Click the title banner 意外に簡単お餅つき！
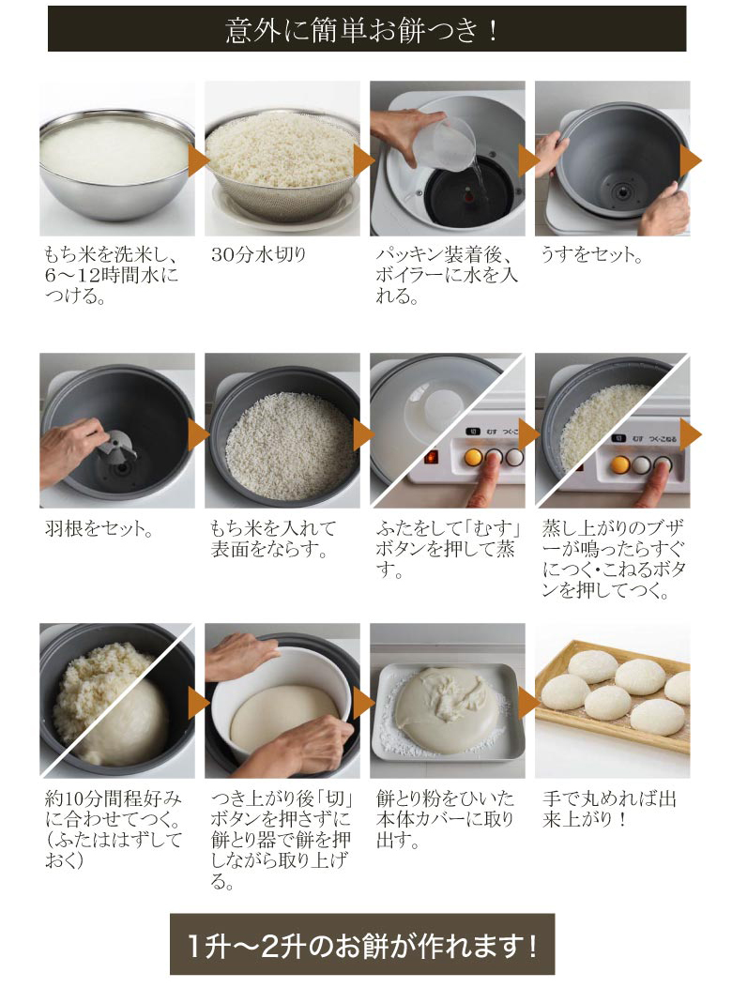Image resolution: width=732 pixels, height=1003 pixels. click(x=367, y=29)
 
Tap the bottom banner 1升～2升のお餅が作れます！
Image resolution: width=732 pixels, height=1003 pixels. click(x=362, y=944)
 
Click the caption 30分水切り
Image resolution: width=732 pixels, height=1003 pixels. click(x=259, y=254)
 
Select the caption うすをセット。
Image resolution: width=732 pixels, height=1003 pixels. click(x=592, y=254)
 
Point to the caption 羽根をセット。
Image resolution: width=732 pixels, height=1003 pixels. click(x=99, y=528)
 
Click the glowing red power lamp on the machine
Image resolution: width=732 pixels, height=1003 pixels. click(x=432, y=457)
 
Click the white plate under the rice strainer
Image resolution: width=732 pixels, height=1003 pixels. click(x=285, y=208)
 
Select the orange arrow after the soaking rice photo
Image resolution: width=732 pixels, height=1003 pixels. click(x=198, y=160)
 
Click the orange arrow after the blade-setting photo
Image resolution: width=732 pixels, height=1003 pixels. click(x=198, y=434)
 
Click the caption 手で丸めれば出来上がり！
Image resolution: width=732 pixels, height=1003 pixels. click(x=609, y=809)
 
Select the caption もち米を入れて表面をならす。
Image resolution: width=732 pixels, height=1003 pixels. click(x=273, y=539)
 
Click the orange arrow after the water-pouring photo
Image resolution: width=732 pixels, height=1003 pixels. click(x=528, y=160)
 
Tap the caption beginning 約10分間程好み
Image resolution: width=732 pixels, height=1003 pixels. click(x=114, y=829)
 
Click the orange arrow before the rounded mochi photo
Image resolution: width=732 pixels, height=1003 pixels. click(x=528, y=703)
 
